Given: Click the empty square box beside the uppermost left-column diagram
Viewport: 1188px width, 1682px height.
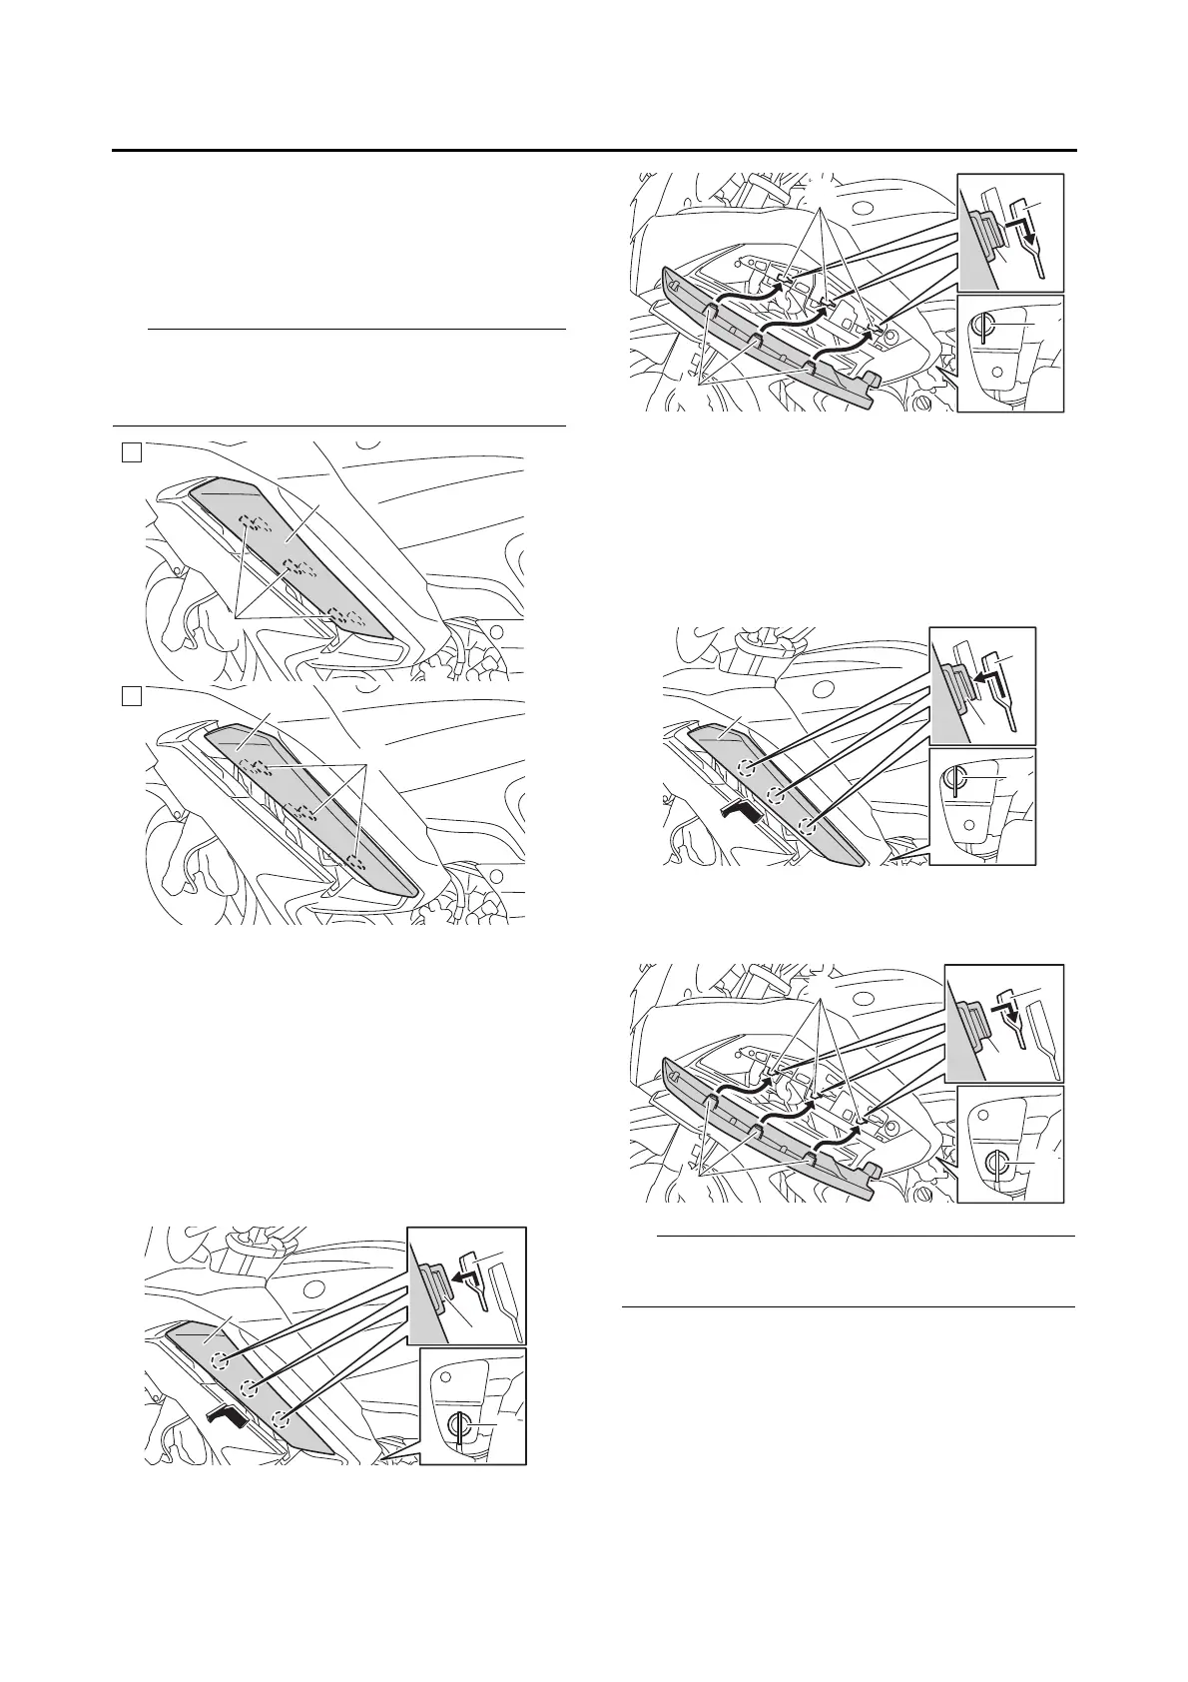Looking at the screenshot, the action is click(130, 452).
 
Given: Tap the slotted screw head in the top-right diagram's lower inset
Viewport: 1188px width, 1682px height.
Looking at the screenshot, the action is click(983, 328).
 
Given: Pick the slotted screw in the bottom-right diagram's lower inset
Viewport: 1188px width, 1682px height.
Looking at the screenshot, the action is click(994, 1164).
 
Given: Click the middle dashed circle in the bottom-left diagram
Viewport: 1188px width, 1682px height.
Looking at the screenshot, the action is click(249, 1387).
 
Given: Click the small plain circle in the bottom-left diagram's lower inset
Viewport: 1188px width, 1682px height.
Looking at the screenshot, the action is click(445, 1376).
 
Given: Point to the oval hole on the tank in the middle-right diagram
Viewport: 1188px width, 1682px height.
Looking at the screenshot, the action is click(823, 689).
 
